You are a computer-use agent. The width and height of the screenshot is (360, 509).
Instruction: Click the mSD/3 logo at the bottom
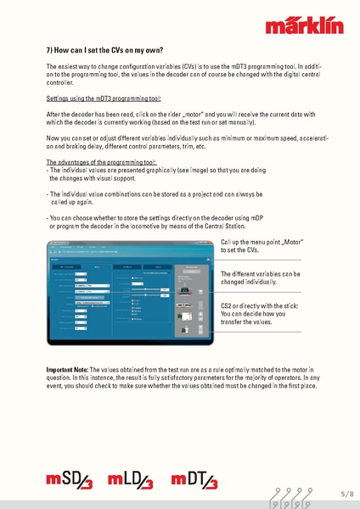coord(70,483)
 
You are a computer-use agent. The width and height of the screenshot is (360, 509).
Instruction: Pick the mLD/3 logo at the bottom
coord(134,483)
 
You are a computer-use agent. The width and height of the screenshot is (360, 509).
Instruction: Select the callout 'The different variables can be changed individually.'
coord(261,278)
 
